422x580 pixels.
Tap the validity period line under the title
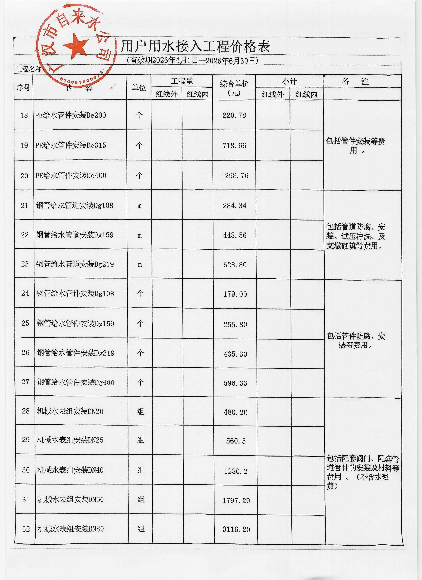[192, 61]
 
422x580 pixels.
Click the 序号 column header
[24, 87]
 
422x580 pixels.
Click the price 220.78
[234, 115]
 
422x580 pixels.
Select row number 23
[25, 264]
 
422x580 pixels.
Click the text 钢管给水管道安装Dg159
[75, 235]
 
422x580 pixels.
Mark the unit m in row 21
[139, 206]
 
